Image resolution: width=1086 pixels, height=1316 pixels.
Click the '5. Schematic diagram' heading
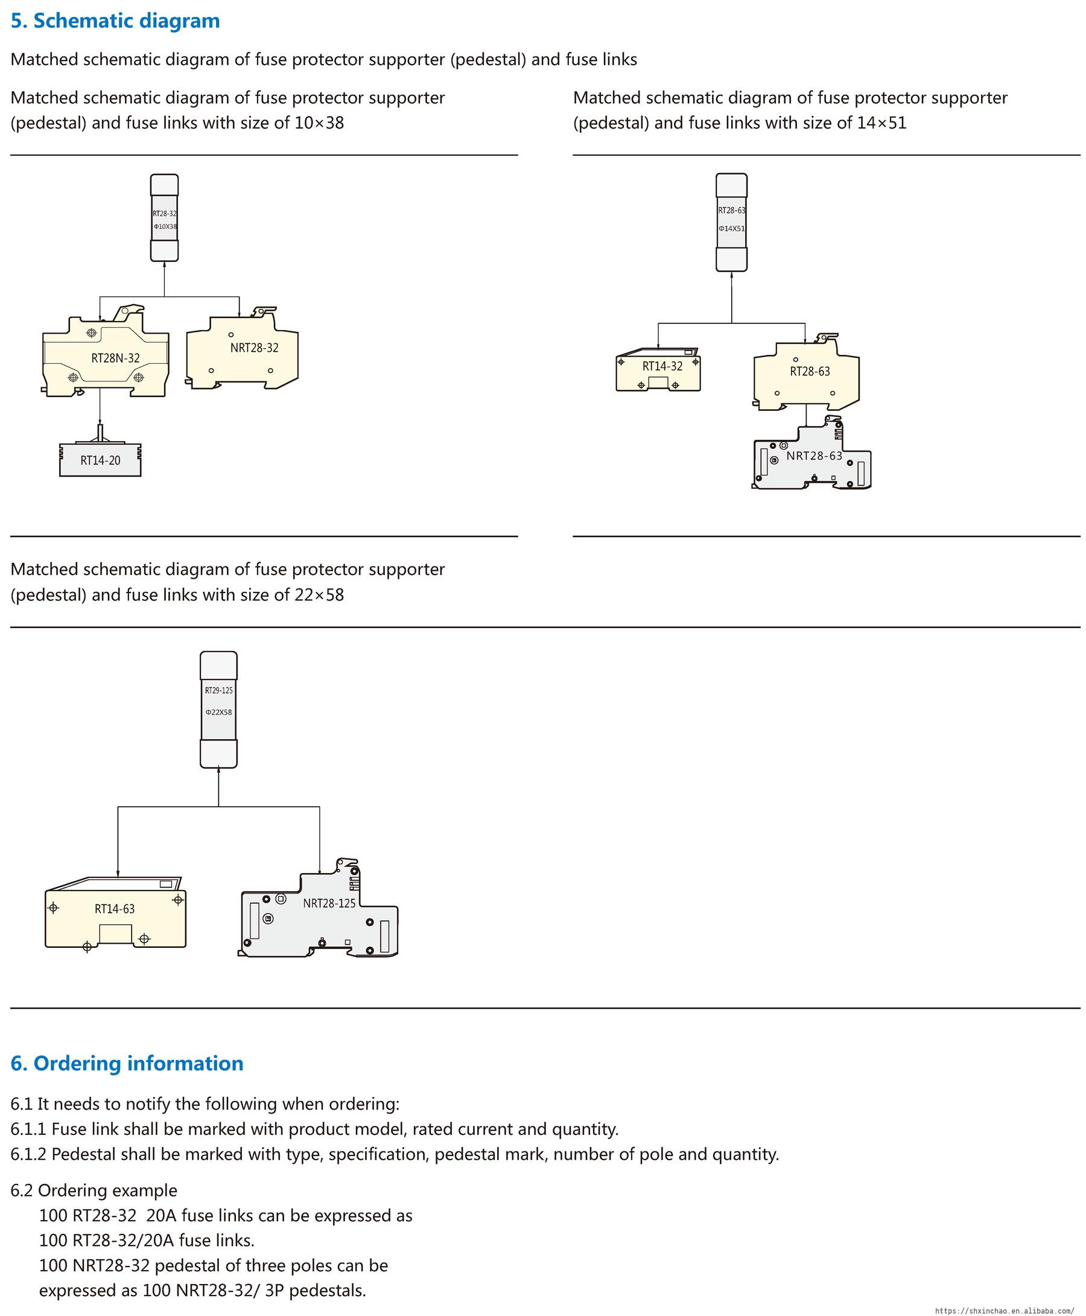click(x=115, y=21)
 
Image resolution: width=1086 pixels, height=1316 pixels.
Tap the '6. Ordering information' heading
click(x=127, y=1063)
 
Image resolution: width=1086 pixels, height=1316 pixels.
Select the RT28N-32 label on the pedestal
click(x=116, y=358)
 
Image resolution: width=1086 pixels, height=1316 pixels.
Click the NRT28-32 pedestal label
click(x=254, y=348)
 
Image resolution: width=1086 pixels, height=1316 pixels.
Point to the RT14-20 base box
click(x=100, y=460)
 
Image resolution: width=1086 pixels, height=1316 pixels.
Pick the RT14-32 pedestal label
click(x=662, y=366)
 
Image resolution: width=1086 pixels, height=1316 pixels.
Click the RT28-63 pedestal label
click(x=810, y=372)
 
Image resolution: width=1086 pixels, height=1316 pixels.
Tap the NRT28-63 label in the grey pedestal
click(x=814, y=456)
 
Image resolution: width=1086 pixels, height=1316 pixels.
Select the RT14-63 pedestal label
click(x=115, y=909)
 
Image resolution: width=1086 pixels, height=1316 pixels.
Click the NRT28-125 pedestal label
click(x=329, y=903)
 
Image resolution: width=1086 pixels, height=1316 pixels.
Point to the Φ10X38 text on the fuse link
click(x=165, y=226)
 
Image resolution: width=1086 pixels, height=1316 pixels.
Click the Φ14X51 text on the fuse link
click(x=731, y=229)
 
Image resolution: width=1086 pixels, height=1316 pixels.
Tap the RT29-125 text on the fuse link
click(x=218, y=690)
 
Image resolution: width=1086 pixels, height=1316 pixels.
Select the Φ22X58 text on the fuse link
click(x=218, y=713)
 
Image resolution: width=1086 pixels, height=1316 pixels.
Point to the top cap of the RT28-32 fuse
click(x=165, y=185)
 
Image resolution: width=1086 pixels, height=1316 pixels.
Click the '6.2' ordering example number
click(x=22, y=1190)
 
